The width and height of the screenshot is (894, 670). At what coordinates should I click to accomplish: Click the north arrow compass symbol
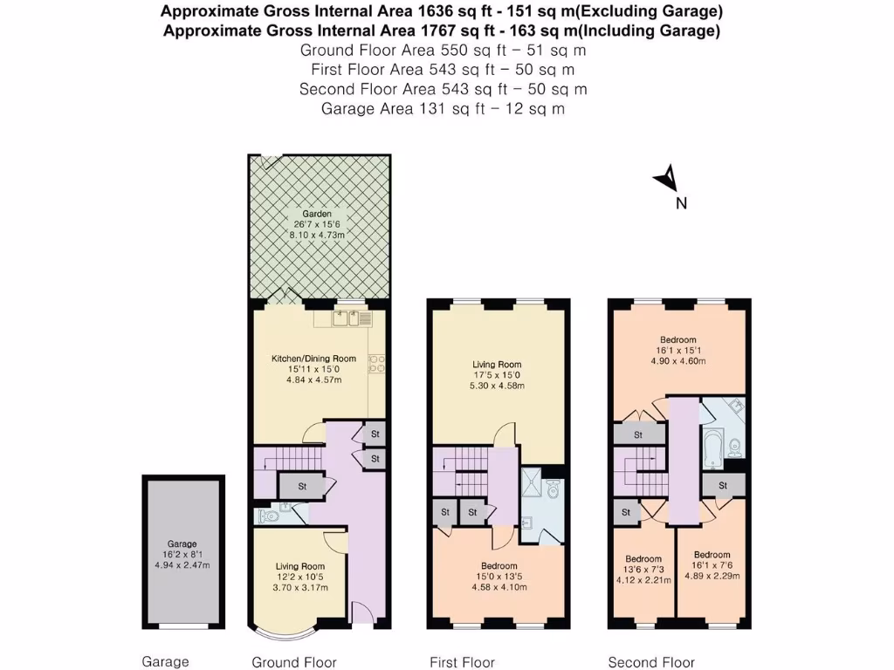pyautogui.click(x=667, y=179)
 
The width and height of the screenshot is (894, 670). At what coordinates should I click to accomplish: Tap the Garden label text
pyautogui.click(x=317, y=214)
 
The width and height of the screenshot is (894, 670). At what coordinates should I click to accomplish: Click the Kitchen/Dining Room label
pyautogui.click(x=313, y=358)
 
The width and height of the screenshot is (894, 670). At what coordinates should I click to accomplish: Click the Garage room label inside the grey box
pyautogui.click(x=182, y=544)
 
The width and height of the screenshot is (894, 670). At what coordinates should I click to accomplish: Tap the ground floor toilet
pyautogui.click(x=270, y=516)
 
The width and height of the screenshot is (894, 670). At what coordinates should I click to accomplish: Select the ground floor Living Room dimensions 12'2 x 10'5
pyautogui.click(x=299, y=576)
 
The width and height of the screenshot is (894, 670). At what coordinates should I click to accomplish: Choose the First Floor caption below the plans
pyautogui.click(x=462, y=662)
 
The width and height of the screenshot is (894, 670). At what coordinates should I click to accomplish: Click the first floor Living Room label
pyautogui.click(x=497, y=365)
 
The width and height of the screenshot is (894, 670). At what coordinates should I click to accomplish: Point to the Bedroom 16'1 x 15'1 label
pyautogui.click(x=677, y=339)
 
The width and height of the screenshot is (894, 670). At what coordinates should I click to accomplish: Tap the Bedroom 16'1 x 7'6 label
pyautogui.click(x=712, y=555)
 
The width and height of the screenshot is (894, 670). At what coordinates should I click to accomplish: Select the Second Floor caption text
pyautogui.click(x=651, y=662)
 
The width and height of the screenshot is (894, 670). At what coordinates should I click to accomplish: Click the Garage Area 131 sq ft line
pyautogui.click(x=443, y=109)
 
